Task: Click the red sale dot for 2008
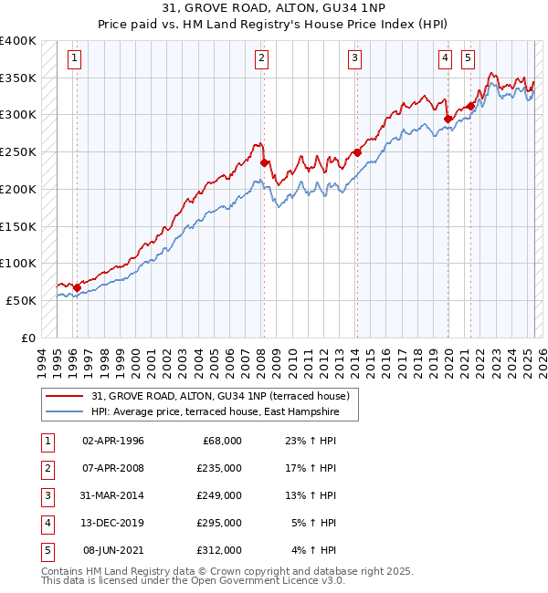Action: [264, 163]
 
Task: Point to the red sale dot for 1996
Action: [77, 287]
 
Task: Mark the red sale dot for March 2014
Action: [356, 152]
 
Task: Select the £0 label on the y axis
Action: [26, 337]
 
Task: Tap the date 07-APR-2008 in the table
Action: [112, 468]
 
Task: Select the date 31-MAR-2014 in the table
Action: [112, 495]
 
